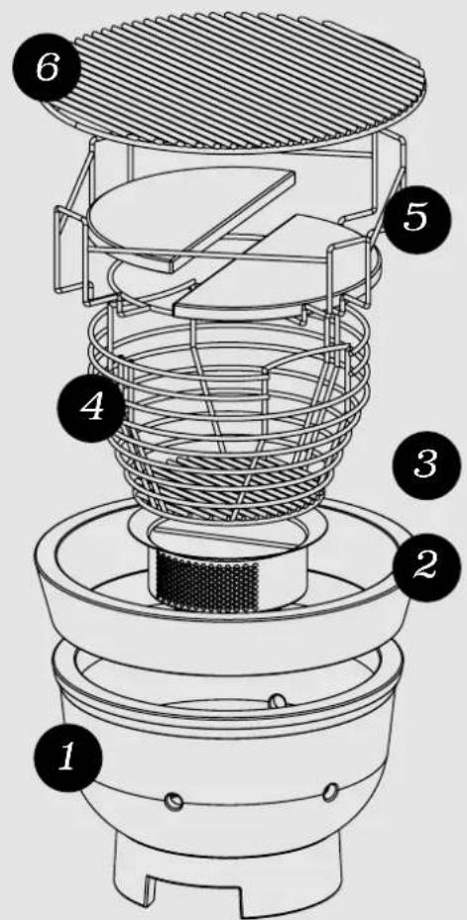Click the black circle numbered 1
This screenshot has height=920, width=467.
tap(67, 758)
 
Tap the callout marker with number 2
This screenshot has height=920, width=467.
tap(425, 565)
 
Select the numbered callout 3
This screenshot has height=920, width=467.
tap(426, 465)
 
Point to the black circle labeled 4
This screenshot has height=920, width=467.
tap(91, 408)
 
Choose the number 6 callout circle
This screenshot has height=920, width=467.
tap(47, 68)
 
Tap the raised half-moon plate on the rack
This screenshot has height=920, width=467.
tap(192, 217)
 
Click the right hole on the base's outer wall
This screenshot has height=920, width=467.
tap(332, 790)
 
